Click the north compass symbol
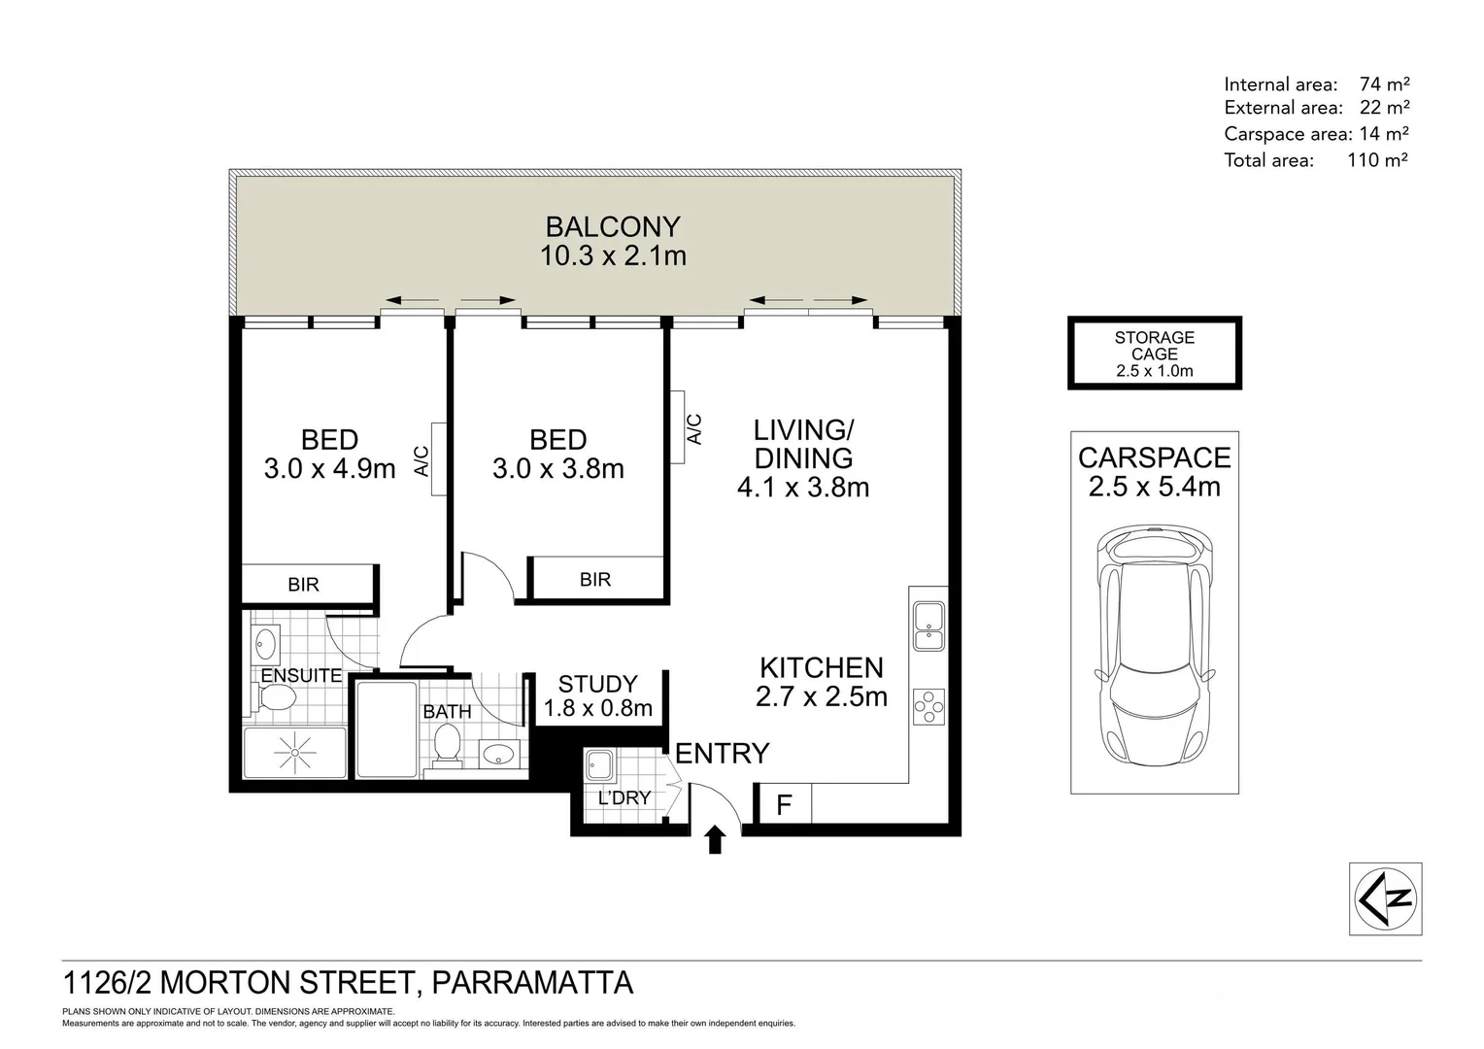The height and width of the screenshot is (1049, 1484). (1386, 898)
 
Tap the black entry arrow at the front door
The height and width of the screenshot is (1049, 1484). (716, 839)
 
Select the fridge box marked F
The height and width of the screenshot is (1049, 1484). (784, 804)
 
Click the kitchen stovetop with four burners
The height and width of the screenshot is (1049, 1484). (928, 706)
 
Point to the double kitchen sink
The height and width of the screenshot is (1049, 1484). (928, 626)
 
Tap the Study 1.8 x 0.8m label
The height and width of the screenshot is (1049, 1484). (597, 695)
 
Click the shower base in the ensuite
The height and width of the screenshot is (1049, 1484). (293, 753)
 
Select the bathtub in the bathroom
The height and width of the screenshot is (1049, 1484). (386, 728)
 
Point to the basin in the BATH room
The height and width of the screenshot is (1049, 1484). (499, 753)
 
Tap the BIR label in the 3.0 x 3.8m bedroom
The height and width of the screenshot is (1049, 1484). (595, 580)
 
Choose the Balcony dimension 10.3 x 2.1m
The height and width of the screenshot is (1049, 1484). (613, 256)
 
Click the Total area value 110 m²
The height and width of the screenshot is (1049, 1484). (1376, 160)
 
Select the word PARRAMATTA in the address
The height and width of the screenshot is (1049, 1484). (531, 983)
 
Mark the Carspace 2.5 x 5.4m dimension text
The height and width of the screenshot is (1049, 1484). (1154, 487)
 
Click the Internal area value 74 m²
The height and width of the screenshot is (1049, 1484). (1384, 85)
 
